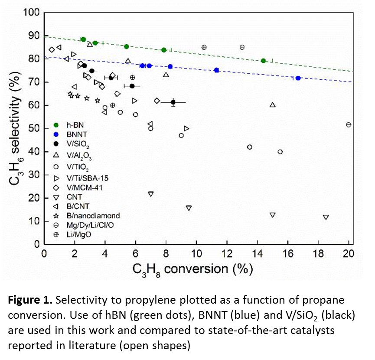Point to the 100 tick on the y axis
[x=30, y=13]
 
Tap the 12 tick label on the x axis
[x=227, y=254]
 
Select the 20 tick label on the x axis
[x=349, y=254]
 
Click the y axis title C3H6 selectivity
[x=17, y=128]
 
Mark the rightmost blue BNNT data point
[x=298, y=78]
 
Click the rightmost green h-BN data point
[x=263, y=61]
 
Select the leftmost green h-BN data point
[x=83, y=39]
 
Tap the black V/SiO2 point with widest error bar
[x=173, y=102]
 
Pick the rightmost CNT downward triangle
[x=326, y=217]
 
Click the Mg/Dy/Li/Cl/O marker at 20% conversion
[x=348, y=125]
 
